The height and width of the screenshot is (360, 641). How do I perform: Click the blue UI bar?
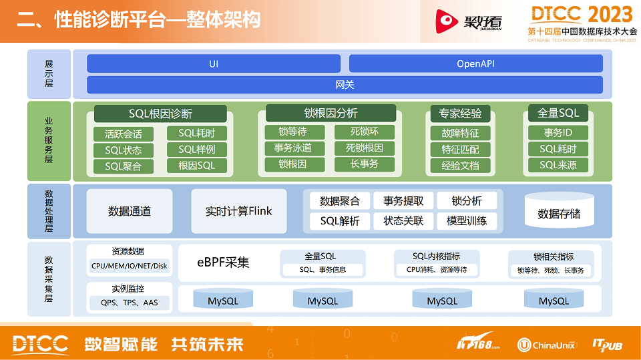[x=214, y=63]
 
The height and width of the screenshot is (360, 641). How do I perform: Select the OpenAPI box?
[x=475, y=63]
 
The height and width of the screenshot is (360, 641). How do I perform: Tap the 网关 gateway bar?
[x=345, y=85]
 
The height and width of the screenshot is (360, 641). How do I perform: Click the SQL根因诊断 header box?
[x=160, y=114]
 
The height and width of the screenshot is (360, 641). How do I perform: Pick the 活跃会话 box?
[x=124, y=134]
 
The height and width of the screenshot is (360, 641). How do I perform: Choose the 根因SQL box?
[x=197, y=166]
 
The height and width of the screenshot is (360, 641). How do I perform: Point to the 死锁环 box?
[x=365, y=132]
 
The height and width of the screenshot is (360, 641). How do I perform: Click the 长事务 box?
[x=365, y=164]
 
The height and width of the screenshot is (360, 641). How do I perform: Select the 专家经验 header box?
[x=461, y=114]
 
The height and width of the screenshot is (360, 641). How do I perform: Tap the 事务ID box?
[x=558, y=132]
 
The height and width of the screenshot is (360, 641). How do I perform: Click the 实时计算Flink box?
[x=239, y=211]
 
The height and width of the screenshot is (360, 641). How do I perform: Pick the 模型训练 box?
[x=467, y=220]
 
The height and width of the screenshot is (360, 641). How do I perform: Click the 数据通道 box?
[x=130, y=211]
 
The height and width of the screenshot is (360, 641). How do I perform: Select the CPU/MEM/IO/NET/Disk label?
[x=129, y=266]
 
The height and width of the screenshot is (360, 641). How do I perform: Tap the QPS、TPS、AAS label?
[x=129, y=303]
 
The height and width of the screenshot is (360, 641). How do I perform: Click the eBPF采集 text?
[x=223, y=262]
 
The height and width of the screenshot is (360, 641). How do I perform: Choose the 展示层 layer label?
[x=49, y=73]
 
